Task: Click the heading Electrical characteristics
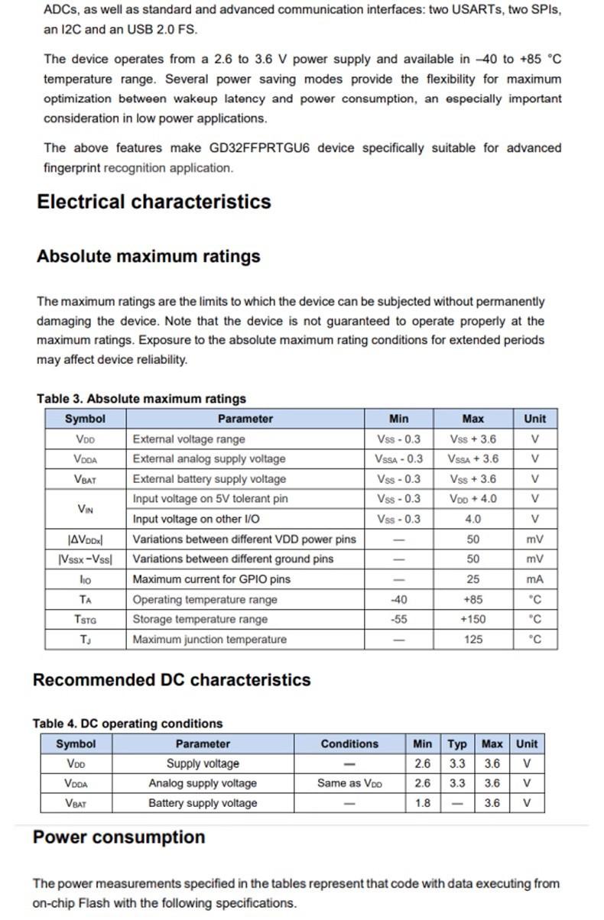[154, 202]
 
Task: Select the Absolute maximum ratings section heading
[148, 256]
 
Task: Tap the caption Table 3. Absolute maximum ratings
[141, 399]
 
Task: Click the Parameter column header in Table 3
[245, 419]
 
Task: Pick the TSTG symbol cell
[85, 620]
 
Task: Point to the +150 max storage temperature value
[472, 620]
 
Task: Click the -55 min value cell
[398, 620]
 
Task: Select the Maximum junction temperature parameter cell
[209, 640]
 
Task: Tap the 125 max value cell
[472, 640]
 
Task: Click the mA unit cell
[534, 579]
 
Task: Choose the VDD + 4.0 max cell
[472, 499]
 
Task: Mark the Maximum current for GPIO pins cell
[211, 579]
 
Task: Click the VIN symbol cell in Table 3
[85, 509]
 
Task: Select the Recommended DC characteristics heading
[172, 680]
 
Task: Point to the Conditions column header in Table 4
[349, 743]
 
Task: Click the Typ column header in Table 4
[457, 743]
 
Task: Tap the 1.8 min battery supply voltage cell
[422, 803]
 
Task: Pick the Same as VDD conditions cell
[349, 783]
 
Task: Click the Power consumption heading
[119, 837]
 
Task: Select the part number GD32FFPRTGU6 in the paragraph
[259, 148]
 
